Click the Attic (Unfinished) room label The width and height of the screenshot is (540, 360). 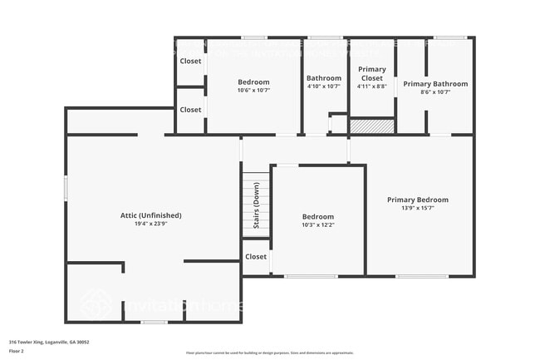pyautogui.click(x=150, y=215)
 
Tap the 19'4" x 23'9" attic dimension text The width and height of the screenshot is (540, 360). pyautogui.click(x=150, y=224)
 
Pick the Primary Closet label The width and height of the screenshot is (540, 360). pyautogui.click(x=371, y=73)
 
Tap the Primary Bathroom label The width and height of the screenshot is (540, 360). pyautogui.click(x=435, y=84)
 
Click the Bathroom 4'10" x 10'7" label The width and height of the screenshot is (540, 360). pyautogui.click(x=324, y=78)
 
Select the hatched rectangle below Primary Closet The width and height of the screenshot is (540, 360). pyautogui.click(x=371, y=126)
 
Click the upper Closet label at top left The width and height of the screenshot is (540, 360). pyautogui.click(x=190, y=61)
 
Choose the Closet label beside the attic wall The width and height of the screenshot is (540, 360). pyautogui.click(x=190, y=110)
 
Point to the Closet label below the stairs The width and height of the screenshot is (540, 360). pyautogui.click(x=256, y=257)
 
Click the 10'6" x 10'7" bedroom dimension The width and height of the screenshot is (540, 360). pyautogui.click(x=253, y=90)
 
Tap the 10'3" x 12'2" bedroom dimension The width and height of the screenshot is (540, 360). pyautogui.click(x=317, y=224)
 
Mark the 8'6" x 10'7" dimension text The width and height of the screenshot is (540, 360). pyautogui.click(x=435, y=92)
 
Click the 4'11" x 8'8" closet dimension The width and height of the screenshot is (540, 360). pyautogui.click(x=371, y=86)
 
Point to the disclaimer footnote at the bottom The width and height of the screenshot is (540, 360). pyautogui.click(x=269, y=353)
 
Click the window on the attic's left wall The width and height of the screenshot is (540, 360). pyautogui.click(x=66, y=187)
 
